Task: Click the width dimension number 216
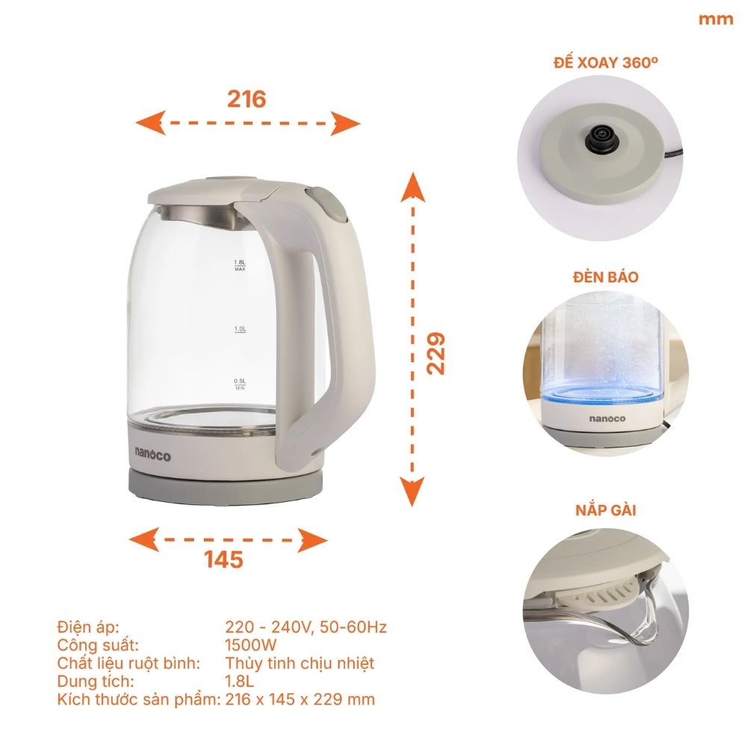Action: tap(247, 98)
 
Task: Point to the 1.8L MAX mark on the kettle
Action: tap(240, 266)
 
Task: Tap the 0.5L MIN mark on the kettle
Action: tap(240, 384)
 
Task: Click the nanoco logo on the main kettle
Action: tap(153, 450)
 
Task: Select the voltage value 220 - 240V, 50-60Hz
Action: tap(306, 626)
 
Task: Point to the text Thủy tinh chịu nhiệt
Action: tap(300, 663)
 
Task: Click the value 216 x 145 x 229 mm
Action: tap(300, 699)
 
